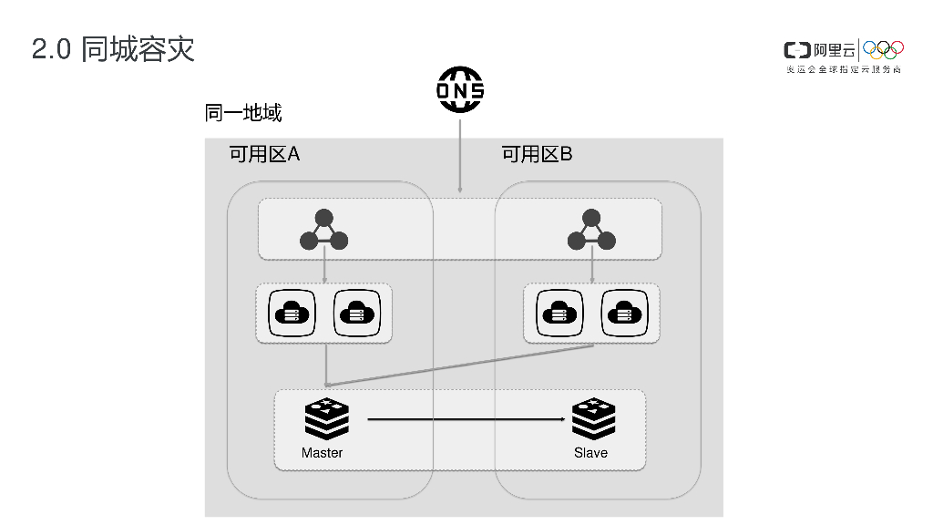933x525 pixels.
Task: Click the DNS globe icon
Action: coord(460,90)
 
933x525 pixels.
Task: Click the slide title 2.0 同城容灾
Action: coord(114,49)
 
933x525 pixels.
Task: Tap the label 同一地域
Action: coord(243,113)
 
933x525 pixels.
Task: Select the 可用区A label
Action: coord(264,154)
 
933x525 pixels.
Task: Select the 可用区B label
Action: coord(537,154)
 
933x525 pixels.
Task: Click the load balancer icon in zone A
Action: coord(323,231)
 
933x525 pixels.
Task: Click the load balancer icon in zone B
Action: coord(591,231)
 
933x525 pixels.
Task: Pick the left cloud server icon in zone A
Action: coord(292,314)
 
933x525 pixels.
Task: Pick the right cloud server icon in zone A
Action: coord(356,314)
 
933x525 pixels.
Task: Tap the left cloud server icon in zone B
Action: coord(559,314)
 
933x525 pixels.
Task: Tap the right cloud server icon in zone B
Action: coord(624,314)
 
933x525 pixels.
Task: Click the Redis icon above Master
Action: coord(326,419)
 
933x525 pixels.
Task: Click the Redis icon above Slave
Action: coord(593,419)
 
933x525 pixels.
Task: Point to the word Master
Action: coord(323,453)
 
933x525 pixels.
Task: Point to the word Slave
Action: coord(590,453)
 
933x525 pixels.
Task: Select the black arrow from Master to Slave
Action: coord(465,419)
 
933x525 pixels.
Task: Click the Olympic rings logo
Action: coord(883,48)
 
